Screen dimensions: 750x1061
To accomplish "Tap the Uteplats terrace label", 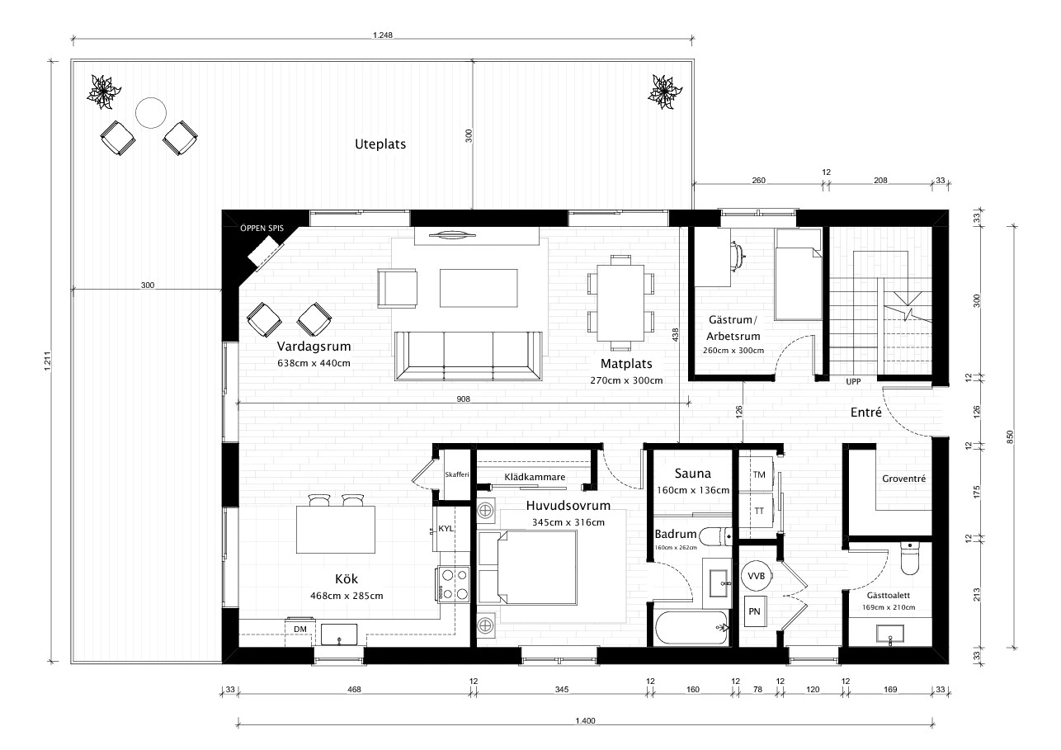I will (x=380, y=144).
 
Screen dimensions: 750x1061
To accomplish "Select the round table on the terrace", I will (x=151, y=113).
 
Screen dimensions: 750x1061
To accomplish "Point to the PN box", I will (x=754, y=611).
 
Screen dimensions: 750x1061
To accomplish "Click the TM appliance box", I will (x=758, y=474).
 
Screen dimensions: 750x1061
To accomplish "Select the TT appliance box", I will (x=758, y=511).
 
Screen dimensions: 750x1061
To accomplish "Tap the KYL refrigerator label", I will (x=446, y=529).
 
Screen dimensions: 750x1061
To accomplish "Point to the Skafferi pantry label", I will (x=456, y=474).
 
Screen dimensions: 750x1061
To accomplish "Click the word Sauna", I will (x=692, y=474).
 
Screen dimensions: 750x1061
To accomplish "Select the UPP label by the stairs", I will (x=853, y=382).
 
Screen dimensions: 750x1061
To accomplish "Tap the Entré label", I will (x=866, y=412).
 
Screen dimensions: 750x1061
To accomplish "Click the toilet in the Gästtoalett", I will (x=910, y=558).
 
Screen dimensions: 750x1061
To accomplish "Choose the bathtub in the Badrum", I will (x=691, y=629).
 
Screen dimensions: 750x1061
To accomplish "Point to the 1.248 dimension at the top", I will (x=383, y=35).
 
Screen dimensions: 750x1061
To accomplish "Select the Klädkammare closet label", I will (x=534, y=477).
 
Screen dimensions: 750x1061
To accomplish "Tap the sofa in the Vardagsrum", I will (x=468, y=356).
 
